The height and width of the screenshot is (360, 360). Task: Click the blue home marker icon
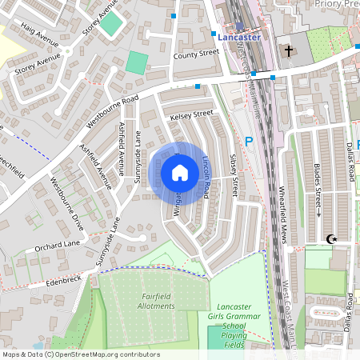click(x=180, y=173)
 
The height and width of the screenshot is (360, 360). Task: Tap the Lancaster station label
click(x=239, y=37)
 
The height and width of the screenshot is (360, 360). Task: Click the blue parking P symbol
click(x=248, y=142)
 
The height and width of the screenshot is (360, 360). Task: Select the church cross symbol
click(x=288, y=51)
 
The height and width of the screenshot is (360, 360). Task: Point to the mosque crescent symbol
click(x=330, y=238)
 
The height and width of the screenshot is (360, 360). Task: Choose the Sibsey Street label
click(x=234, y=175)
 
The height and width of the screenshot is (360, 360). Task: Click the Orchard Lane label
click(x=58, y=245)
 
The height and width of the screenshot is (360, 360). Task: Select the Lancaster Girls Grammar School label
click(x=234, y=321)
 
